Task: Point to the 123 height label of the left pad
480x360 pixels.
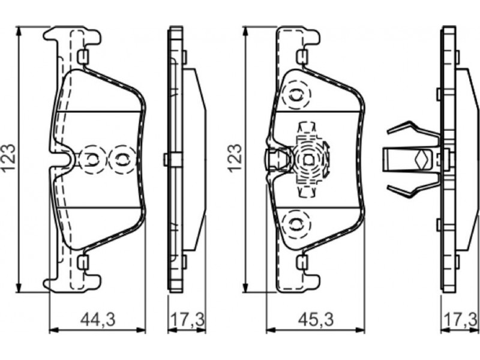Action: pyautogui.click(x=8, y=158)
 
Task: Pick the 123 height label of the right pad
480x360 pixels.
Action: pyautogui.click(x=236, y=158)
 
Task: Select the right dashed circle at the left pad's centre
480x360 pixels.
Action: pyautogui.click(x=122, y=159)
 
